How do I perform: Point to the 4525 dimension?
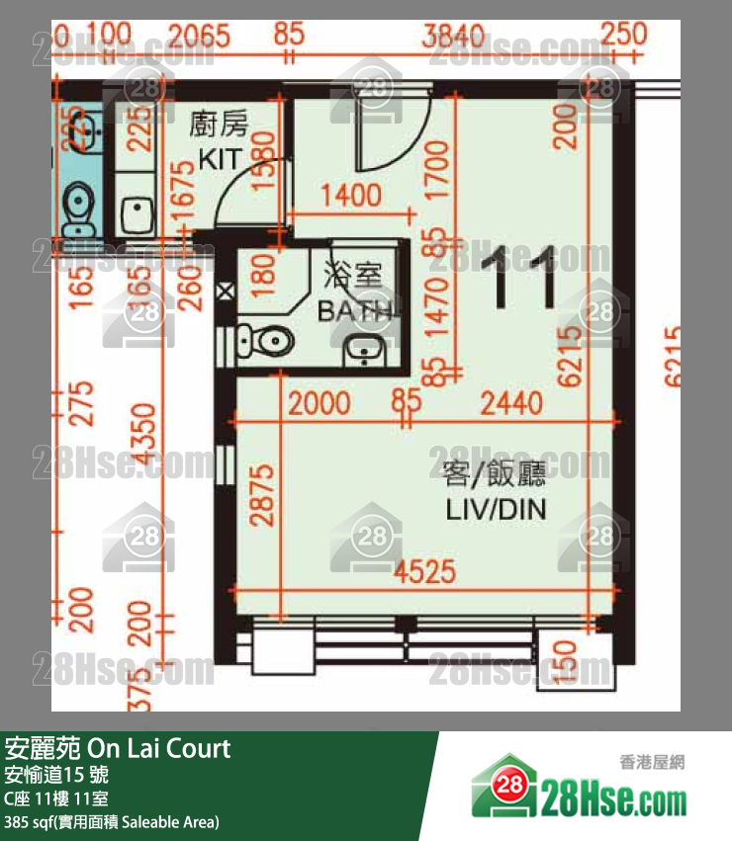pyautogui.click(x=422, y=571)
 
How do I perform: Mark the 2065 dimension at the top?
pyautogui.click(x=199, y=38)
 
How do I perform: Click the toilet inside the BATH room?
pyautogui.click(x=266, y=342)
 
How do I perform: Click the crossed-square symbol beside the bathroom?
pyautogui.click(x=225, y=292)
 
